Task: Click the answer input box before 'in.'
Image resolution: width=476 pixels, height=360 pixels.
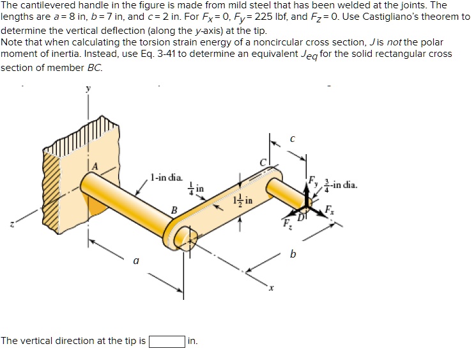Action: tap(167, 340)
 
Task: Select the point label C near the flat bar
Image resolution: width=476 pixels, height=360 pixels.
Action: tap(261, 162)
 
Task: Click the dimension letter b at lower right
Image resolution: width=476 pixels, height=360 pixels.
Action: tap(293, 254)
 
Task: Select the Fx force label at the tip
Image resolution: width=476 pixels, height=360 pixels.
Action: tap(329, 209)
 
